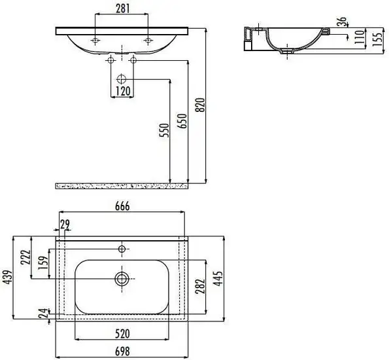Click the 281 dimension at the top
(x=122, y=9)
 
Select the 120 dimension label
(x=122, y=90)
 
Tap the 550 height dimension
(x=165, y=131)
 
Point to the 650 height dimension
(x=183, y=121)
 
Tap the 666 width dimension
(x=123, y=206)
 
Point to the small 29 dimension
(x=65, y=225)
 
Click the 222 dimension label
(x=25, y=258)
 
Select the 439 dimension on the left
(x=7, y=279)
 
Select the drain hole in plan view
(x=122, y=278)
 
